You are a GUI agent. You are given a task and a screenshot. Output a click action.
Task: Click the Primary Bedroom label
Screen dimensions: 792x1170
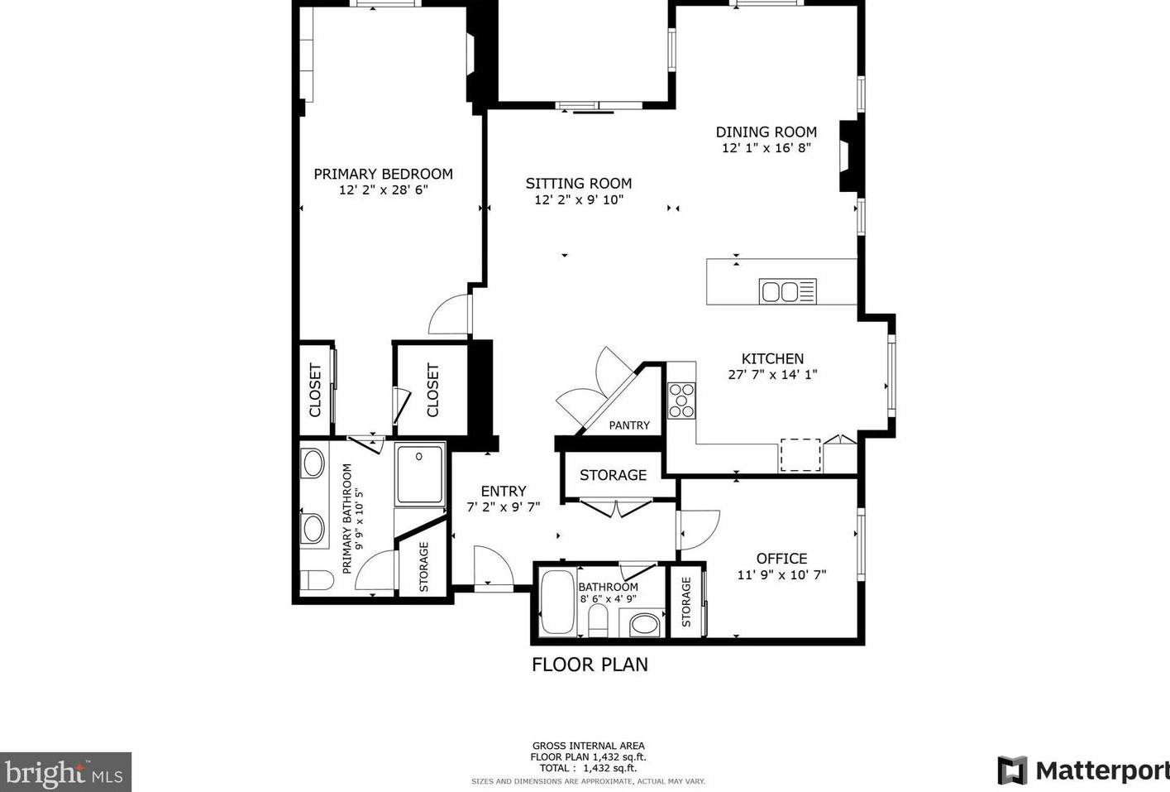[x=383, y=174]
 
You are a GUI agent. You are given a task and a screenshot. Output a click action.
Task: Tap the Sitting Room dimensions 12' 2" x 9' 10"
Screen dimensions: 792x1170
[x=578, y=199]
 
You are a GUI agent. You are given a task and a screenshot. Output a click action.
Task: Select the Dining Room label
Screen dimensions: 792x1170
[x=766, y=132]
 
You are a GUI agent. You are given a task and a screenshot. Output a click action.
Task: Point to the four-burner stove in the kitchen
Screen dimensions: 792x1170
[x=681, y=400]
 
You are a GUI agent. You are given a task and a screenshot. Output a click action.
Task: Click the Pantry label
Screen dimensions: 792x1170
[x=629, y=425]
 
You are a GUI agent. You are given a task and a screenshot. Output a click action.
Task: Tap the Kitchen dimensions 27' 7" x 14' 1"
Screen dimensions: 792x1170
[x=772, y=374]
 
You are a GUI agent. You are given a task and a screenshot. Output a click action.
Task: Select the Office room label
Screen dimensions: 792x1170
[x=781, y=559]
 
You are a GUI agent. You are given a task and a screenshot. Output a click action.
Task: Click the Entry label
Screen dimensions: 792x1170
[x=503, y=491]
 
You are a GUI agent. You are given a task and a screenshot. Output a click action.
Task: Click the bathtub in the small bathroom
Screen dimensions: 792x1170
[x=556, y=602]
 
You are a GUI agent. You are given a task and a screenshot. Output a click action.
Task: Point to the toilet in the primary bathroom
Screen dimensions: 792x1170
[x=316, y=580]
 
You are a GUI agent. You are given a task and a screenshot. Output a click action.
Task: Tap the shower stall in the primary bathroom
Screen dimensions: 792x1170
[x=420, y=474]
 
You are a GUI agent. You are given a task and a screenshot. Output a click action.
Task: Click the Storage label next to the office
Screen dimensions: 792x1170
[x=686, y=602]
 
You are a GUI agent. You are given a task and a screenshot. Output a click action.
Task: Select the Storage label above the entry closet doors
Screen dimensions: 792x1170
[x=613, y=475]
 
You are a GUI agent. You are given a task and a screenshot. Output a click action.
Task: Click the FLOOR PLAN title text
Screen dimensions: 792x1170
[x=590, y=664]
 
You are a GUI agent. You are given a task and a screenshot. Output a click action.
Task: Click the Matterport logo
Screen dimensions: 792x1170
[x=1083, y=770]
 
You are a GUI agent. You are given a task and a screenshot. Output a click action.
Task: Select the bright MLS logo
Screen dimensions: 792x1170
[x=65, y=772]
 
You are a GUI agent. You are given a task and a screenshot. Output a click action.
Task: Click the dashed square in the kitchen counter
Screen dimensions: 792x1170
[x=800, y=455]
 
